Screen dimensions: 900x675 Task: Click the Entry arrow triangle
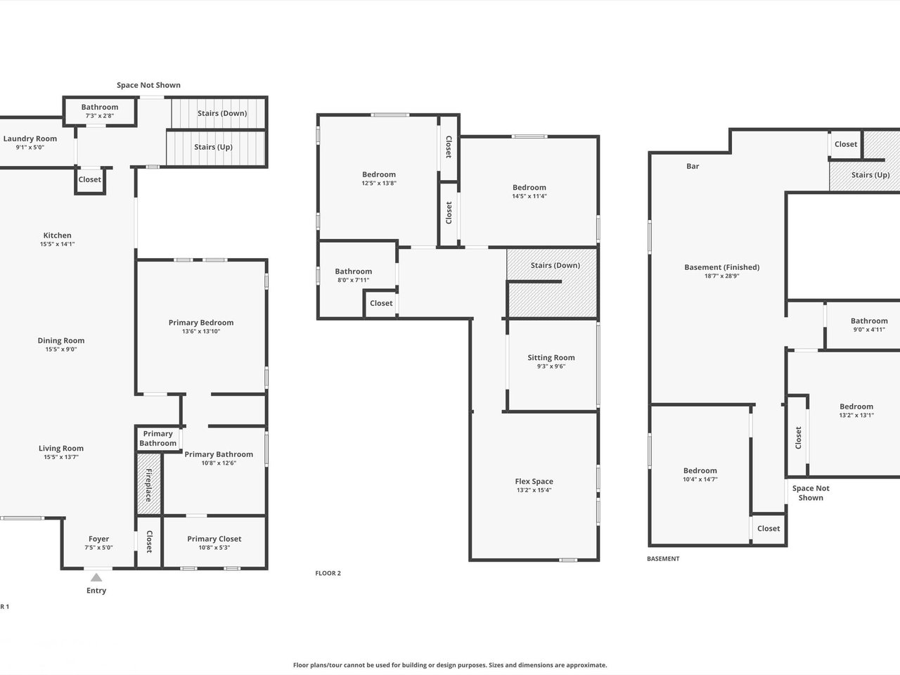tap(96, 577)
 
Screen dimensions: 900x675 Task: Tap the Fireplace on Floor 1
tap(148, 484)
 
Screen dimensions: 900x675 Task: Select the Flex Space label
tap(534, 482)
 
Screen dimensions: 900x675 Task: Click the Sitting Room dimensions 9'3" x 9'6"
tap(551, 366)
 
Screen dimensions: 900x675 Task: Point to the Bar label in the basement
tap(693, 166)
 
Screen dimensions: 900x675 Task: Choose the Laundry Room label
tap(30, 139)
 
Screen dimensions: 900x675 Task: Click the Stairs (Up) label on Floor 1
tap(213, 147)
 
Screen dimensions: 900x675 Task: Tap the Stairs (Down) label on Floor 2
tap(555, 265)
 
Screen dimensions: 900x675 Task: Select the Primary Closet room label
tap(214, 539)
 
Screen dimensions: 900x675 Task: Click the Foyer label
tap(99, 539)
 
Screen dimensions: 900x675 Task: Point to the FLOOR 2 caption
tap(328, 573)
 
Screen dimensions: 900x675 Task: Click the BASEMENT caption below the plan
tap(663, 558)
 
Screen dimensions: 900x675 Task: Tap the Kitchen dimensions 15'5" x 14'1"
tap(58, 244)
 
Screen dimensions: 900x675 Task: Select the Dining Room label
tap(61, 340)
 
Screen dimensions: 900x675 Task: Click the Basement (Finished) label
tap(721, 267)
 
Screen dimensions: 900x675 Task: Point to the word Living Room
tap(61, 449)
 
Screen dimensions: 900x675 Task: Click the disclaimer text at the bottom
tap(450, 664)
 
